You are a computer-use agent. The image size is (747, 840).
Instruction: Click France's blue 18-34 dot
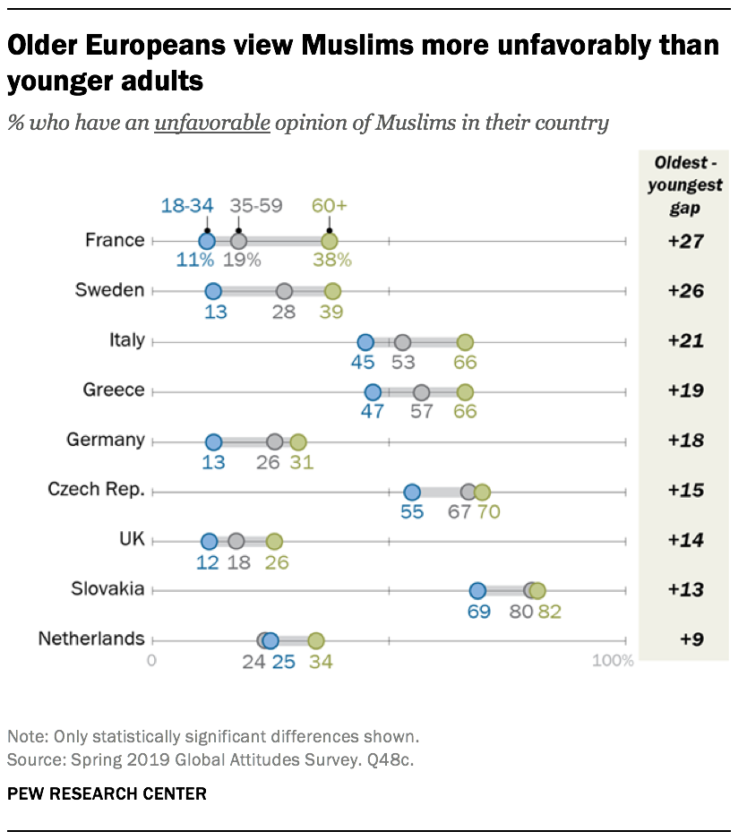tap(207, 241)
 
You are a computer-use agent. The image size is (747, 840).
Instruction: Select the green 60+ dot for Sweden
tap(332, 291)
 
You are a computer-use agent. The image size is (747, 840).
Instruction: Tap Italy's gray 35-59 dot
tap(402, 341)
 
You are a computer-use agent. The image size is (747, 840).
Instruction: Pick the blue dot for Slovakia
tap(477, 590)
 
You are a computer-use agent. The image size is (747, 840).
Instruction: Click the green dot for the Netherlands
tap(315, 640)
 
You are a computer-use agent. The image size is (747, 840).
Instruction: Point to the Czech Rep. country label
tap(96, 490)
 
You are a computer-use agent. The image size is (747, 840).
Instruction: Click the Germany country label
tap(105, 440)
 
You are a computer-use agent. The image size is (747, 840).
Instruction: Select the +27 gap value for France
tap(685, 241)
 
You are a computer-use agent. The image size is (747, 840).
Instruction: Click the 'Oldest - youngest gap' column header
tap(685, 185)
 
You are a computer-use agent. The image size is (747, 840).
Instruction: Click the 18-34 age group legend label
tap(187, 205)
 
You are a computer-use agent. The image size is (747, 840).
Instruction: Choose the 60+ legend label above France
tap(329, 205)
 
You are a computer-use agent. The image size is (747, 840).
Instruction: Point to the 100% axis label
tap(613, 662)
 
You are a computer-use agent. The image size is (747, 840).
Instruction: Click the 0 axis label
tap(151, 662)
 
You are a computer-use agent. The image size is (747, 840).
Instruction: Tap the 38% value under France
tap(331, 261)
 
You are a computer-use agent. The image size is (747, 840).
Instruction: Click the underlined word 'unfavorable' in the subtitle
tap(211, 123)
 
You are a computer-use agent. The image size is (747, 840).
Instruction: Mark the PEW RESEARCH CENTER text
tap(107, 793)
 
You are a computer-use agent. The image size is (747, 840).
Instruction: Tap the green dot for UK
tap(274, 541)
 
